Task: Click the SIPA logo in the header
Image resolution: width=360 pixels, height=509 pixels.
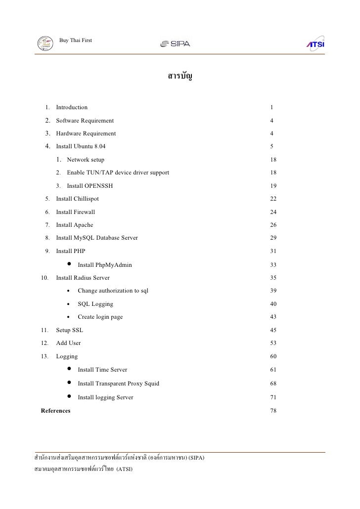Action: tap(175, 44)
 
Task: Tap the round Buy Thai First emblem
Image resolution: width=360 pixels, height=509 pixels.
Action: tap(46, 43)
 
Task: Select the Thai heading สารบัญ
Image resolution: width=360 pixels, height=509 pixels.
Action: tap(180, 77)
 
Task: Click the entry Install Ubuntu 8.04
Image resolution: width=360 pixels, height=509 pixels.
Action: tap(81, 147)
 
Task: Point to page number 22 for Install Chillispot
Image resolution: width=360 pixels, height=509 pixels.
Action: tap(273, 199)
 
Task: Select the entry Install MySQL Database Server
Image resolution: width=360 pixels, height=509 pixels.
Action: tap(97, 238)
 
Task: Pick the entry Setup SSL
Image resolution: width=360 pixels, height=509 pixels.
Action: tap(70, 330)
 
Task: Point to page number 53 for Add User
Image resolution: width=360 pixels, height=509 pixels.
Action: tap(273, 343)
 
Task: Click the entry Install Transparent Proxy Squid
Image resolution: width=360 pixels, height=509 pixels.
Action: tap(119, 383)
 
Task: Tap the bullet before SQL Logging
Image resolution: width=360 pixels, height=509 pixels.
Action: tap(68, 304)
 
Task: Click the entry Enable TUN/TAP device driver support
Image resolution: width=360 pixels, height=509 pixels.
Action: tap(118, 173)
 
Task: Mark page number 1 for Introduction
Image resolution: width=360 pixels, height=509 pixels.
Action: tap(272, 107)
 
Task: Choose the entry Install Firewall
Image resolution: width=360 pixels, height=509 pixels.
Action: tap(76, 212)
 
